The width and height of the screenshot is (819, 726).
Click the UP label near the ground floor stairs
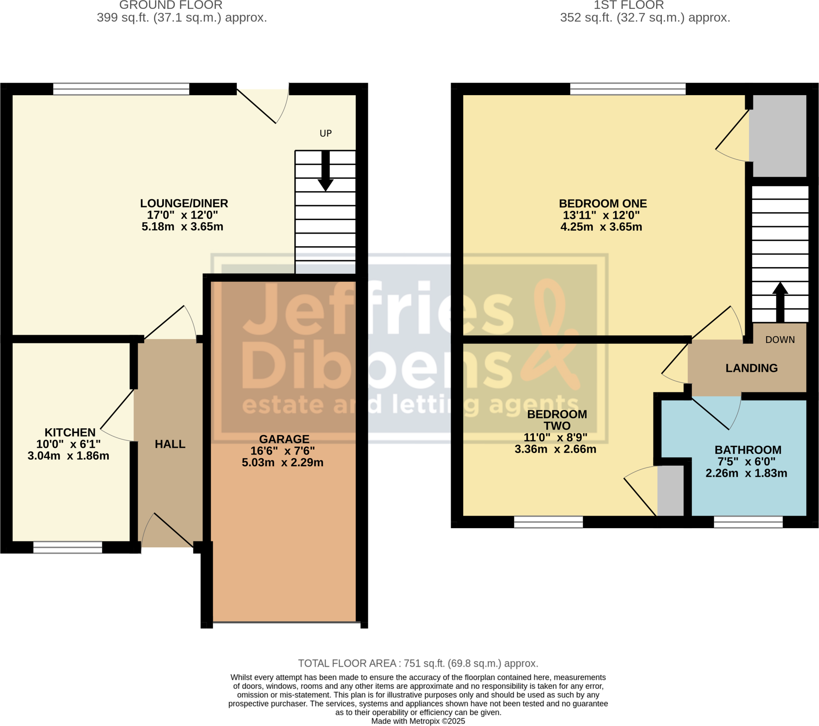point(326,134)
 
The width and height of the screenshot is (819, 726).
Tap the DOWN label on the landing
point(780,340)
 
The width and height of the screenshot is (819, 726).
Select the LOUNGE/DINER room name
point(184,203)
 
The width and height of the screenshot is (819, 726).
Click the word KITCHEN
point(70,432)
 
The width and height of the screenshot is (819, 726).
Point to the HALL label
point(170,444)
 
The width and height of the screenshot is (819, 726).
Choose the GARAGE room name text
point(284,439)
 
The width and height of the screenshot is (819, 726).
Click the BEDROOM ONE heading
point(603,203)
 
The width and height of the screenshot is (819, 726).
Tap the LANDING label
point(751,368)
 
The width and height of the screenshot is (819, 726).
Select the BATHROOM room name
point(748,450)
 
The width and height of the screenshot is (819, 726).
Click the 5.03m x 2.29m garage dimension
point(282,463)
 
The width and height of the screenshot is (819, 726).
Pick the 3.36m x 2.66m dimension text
point(555,449)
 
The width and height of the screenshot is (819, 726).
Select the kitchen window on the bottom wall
point(68,547)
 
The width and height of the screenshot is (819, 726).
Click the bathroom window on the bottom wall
point(748,522)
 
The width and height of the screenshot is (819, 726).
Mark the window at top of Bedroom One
point(627,89)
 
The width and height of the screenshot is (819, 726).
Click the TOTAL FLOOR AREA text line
point(418,664)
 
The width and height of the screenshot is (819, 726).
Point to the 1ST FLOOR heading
point(628,5)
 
